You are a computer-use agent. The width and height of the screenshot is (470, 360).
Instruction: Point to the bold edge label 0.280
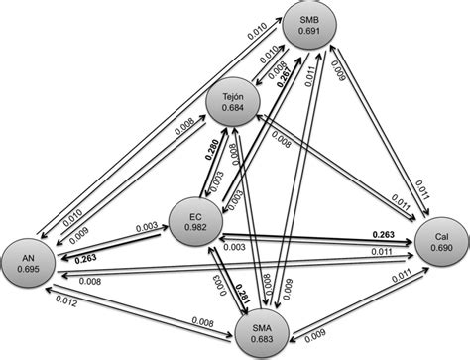[212, 152]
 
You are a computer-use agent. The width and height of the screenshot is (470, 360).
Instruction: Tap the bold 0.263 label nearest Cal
[382, 234]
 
